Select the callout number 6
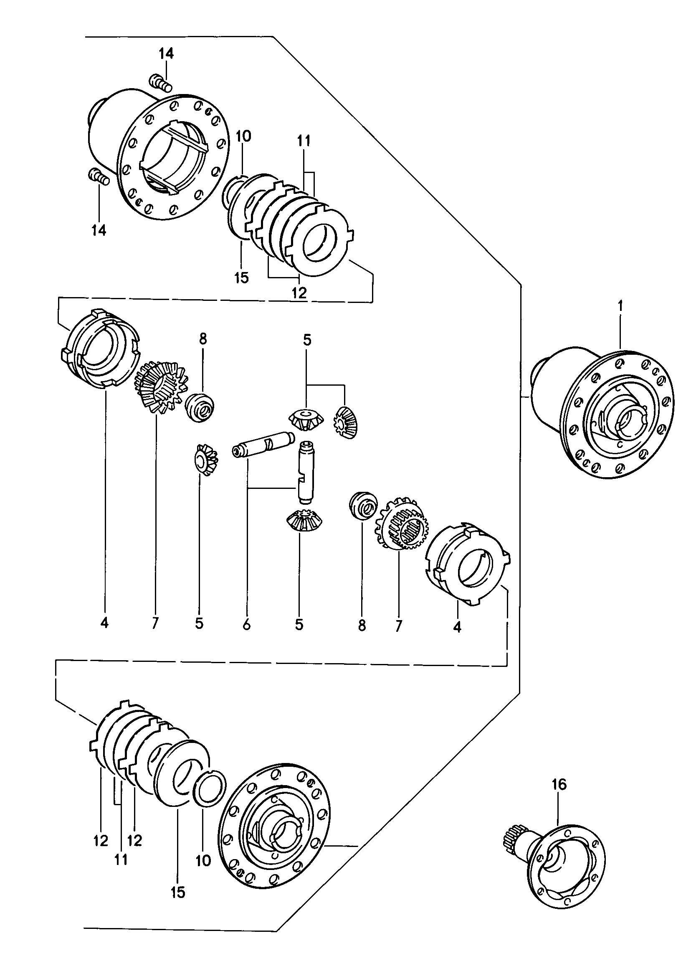[246, 625]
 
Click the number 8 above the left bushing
[202, 338]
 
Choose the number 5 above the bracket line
[307, 340]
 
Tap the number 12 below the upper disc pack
[299, 292]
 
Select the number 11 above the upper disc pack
[304, 140]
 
